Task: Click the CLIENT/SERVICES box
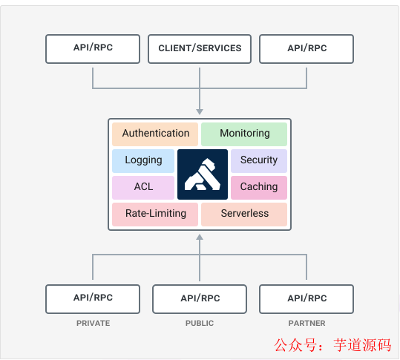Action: pos(200,49)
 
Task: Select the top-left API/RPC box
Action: pos(93,49)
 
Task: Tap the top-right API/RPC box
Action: pos(306,49)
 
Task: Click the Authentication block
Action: pos(155,134)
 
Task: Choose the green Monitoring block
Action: pos(244,134)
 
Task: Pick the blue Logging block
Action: pos(143,160)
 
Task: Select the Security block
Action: pos(259,160)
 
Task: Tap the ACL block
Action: pos(143,187)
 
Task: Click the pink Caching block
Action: pos(259,187)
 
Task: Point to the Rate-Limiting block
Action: pos(155,214)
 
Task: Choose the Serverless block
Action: pos(244,214)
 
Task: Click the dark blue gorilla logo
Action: pos(202,174)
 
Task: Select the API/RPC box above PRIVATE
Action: pos(93,298)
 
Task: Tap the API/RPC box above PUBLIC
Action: pos(200,298)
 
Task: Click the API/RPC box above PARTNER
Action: pos(306,298)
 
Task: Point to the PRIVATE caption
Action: pos(93,324)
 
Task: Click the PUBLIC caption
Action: pos(200,324)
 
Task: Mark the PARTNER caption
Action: pos(306,324)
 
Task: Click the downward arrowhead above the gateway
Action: pos(200,111)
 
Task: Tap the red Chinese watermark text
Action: pos(332,345)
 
